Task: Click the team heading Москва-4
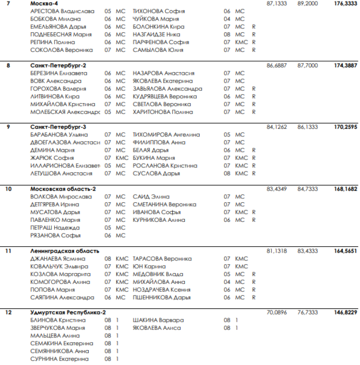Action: (44, 3)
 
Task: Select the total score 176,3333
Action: (345, 3)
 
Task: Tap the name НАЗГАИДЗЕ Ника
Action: (156, 35)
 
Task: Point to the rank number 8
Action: (8, 65)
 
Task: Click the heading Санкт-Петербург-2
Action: (58, 65)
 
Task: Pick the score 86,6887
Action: (276, 65)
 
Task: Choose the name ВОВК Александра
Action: (56, 81)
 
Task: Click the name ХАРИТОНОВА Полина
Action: (163, 112)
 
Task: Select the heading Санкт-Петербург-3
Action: (58, 127)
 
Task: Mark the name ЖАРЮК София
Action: (52, 158)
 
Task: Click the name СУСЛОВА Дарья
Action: (156, 173)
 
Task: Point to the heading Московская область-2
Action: (63, 189)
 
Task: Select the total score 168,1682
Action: (345, 189)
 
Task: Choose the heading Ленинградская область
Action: (64, 251)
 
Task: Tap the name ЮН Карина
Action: (149, 267)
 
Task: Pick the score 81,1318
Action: (276, 251)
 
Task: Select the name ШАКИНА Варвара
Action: (158, 320)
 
